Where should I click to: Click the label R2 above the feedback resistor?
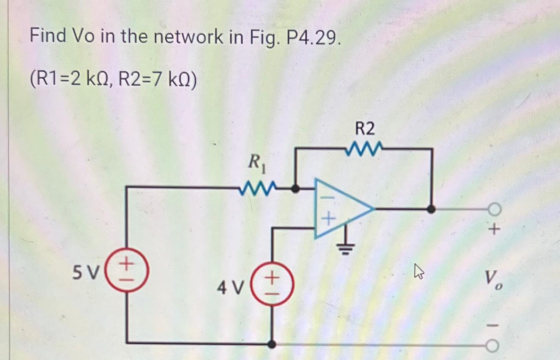pos(365,128)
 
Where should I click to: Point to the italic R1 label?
pos(257,163)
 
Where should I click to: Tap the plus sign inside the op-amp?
pos(327,220)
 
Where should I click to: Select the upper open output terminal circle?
pos(494,210)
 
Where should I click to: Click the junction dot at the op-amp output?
pos(432,209)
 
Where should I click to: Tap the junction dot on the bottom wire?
pos(271,344)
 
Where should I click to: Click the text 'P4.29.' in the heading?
pos(314,38)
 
